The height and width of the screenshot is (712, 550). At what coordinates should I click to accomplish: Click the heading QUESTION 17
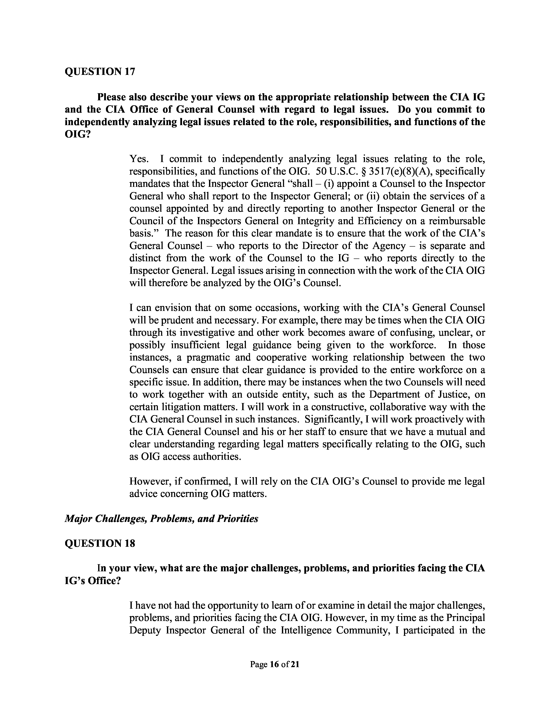coord(100,71)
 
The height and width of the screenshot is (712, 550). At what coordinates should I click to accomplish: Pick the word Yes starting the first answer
coord(139,159)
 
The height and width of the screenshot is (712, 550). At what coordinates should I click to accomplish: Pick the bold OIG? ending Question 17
coord(77,134)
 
